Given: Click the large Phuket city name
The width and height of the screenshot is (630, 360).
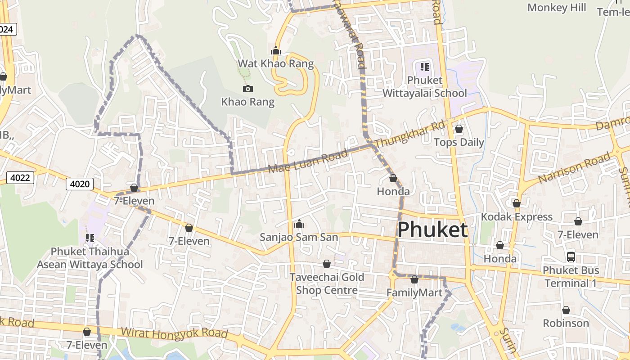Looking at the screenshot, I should coord(432,229).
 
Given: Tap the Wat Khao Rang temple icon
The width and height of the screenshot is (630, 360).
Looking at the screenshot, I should coord(276,51).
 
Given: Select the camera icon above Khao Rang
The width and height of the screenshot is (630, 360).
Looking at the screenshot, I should coord(247,89).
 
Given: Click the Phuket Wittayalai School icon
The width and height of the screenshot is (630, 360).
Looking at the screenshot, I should coord(424,67).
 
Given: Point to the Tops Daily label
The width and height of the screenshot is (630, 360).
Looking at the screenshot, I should coord(459,143).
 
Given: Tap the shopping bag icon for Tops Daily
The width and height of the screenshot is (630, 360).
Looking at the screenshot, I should coord(459,129).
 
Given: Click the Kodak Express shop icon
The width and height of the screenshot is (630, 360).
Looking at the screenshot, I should coord(516,203).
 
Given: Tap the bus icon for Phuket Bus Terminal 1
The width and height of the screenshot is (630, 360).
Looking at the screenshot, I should coord(571,257).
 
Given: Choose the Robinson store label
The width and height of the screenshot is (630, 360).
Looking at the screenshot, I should coord(566,323).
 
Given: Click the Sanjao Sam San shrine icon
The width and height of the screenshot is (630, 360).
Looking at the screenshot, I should coord(299,224).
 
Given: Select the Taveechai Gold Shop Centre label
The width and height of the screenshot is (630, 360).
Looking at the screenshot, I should coord(327,283).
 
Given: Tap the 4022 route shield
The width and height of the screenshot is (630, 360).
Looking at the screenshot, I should coord(21,178).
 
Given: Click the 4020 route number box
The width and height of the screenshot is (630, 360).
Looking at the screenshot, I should coord(80,184).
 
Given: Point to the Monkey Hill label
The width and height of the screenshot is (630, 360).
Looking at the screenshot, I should coord(557,8).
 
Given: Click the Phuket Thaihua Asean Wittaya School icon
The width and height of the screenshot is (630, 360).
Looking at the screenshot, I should coord(90,238).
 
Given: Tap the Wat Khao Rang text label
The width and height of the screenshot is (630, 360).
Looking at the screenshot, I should coord(275,63).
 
